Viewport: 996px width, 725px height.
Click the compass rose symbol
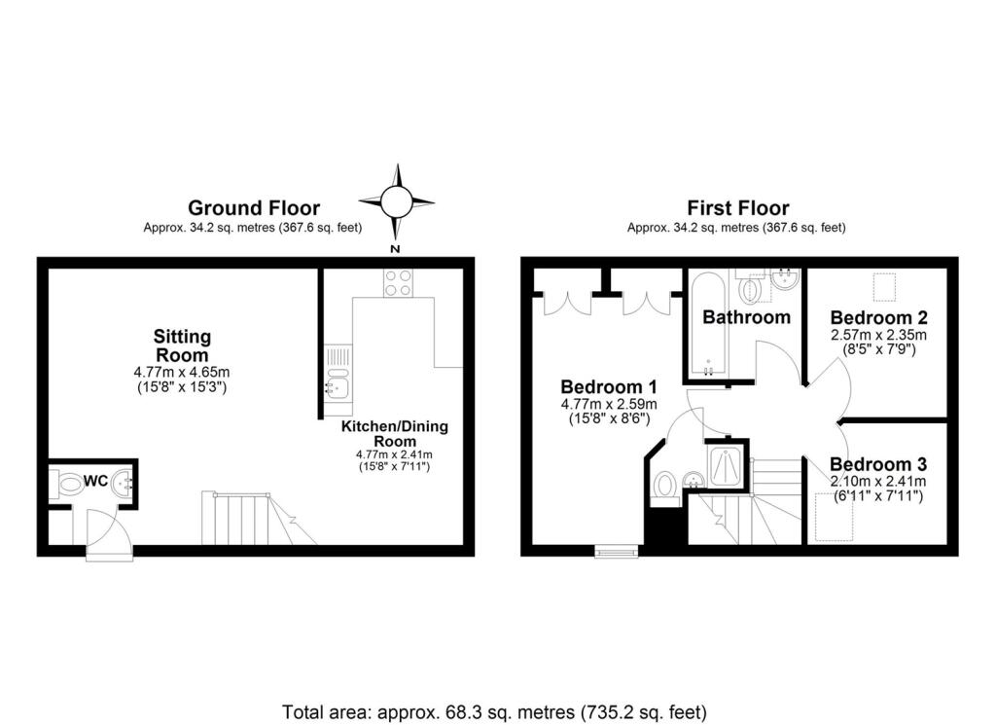[x=396, y=202]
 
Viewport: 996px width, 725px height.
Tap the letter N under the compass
[x=396, y=249]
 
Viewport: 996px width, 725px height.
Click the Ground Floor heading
[x=253, y=207]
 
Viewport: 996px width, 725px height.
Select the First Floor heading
[x=737, y=207]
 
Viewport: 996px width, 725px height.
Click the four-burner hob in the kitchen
[x=396, y=282]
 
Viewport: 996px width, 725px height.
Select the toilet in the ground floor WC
[x=70, y=484]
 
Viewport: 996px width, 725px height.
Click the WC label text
[x=94, y=480]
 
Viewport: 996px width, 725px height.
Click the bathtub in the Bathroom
[x=707, y=326]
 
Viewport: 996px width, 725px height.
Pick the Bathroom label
[x=746, y=317]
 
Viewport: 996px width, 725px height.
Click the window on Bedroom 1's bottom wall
[x=617, y=552]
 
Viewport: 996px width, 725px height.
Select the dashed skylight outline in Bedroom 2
[x=884, y=288]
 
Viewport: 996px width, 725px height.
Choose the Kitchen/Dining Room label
[x=394, y=434]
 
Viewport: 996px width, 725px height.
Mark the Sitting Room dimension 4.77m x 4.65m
[x=182, y=372]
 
